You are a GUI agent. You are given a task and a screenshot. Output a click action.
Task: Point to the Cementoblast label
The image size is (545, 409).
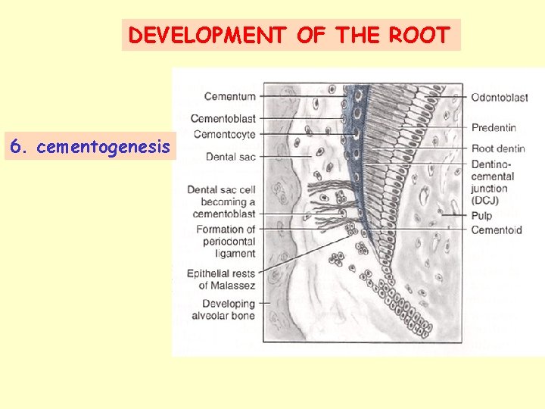pyautogui.click(x=223, y=118)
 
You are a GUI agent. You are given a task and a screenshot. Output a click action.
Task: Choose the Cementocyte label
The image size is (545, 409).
pyautogui.click(x=225, y=134)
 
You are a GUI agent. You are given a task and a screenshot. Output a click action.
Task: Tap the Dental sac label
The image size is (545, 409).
pyautogui.click(x=230, y=157)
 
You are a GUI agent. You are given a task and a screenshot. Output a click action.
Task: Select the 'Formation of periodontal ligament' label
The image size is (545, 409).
pyautogui.click(x=226, y=241)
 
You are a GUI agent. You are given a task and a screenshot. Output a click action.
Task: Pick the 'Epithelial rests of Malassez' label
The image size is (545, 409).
pyautogui.click(x=226, y=279)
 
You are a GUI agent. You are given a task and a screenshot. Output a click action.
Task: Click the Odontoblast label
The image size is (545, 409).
pyautogui.click(x=499, y=98)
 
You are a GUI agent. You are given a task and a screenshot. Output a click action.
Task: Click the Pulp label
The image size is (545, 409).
pyautogui.click(x=481, y=216)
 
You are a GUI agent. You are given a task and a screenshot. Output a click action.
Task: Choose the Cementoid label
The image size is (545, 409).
pyautogui.click(x=496, y=230)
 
